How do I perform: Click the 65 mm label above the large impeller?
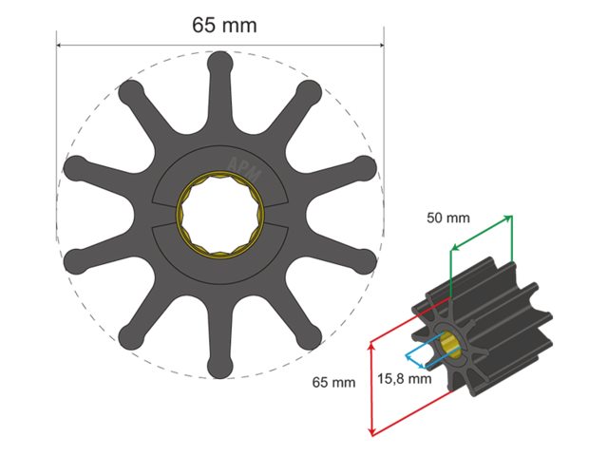pos(224,26)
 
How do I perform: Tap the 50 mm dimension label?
pos(447,218)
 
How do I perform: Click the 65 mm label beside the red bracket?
pos(334,382)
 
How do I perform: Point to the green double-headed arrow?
pos(481,233)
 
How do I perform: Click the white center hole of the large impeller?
pos(219,214)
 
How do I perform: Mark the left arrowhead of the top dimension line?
pos(59,44)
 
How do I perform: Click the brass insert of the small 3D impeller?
pos(451,346)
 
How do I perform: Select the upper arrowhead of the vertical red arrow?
pos(370,348)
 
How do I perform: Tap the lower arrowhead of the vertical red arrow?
pos(370,432)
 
